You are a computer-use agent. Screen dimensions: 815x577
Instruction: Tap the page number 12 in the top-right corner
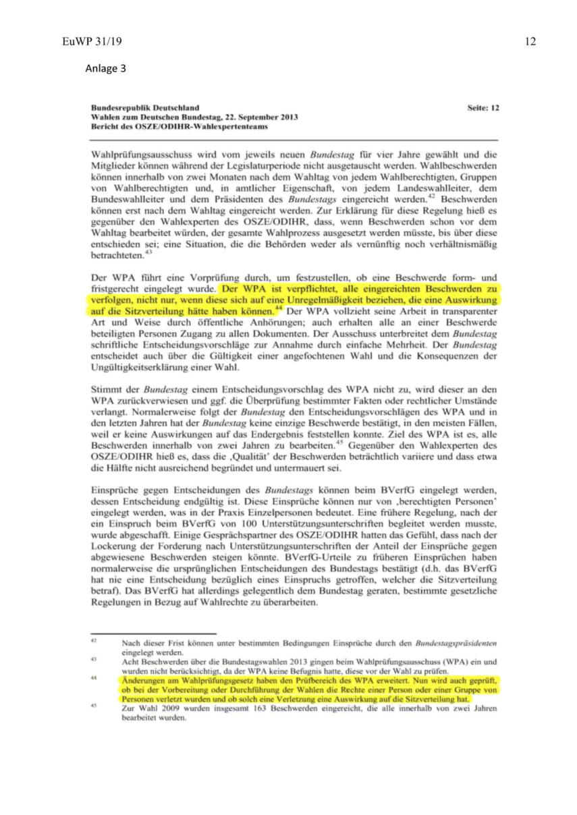tap(530, 42)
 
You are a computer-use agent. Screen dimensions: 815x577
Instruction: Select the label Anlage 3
tap(105, 68)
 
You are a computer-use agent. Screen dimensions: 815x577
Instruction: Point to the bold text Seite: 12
tap(483, 107)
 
